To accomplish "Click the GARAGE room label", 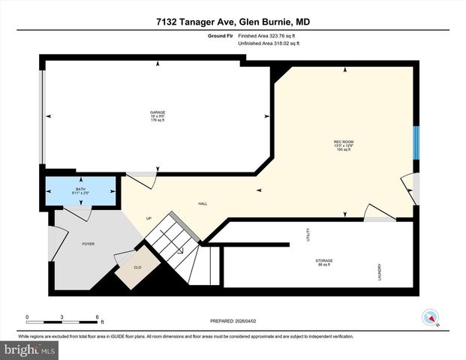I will point(157,116).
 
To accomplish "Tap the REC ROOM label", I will point(344,145).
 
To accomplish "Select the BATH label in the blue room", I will point(81,190).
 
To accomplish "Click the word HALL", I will point(203,203).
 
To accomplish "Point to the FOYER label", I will point(89,244).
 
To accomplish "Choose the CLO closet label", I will point(137,266).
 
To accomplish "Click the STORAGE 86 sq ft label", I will point(324,262).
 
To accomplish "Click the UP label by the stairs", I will point(149,218).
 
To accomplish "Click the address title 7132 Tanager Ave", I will point(233,22).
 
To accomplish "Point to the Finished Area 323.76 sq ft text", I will point(269,35).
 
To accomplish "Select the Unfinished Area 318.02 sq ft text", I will point(269,43).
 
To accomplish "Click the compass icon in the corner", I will point(430,317).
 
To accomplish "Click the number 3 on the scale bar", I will point(62,317).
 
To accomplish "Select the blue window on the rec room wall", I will point(416,142).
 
